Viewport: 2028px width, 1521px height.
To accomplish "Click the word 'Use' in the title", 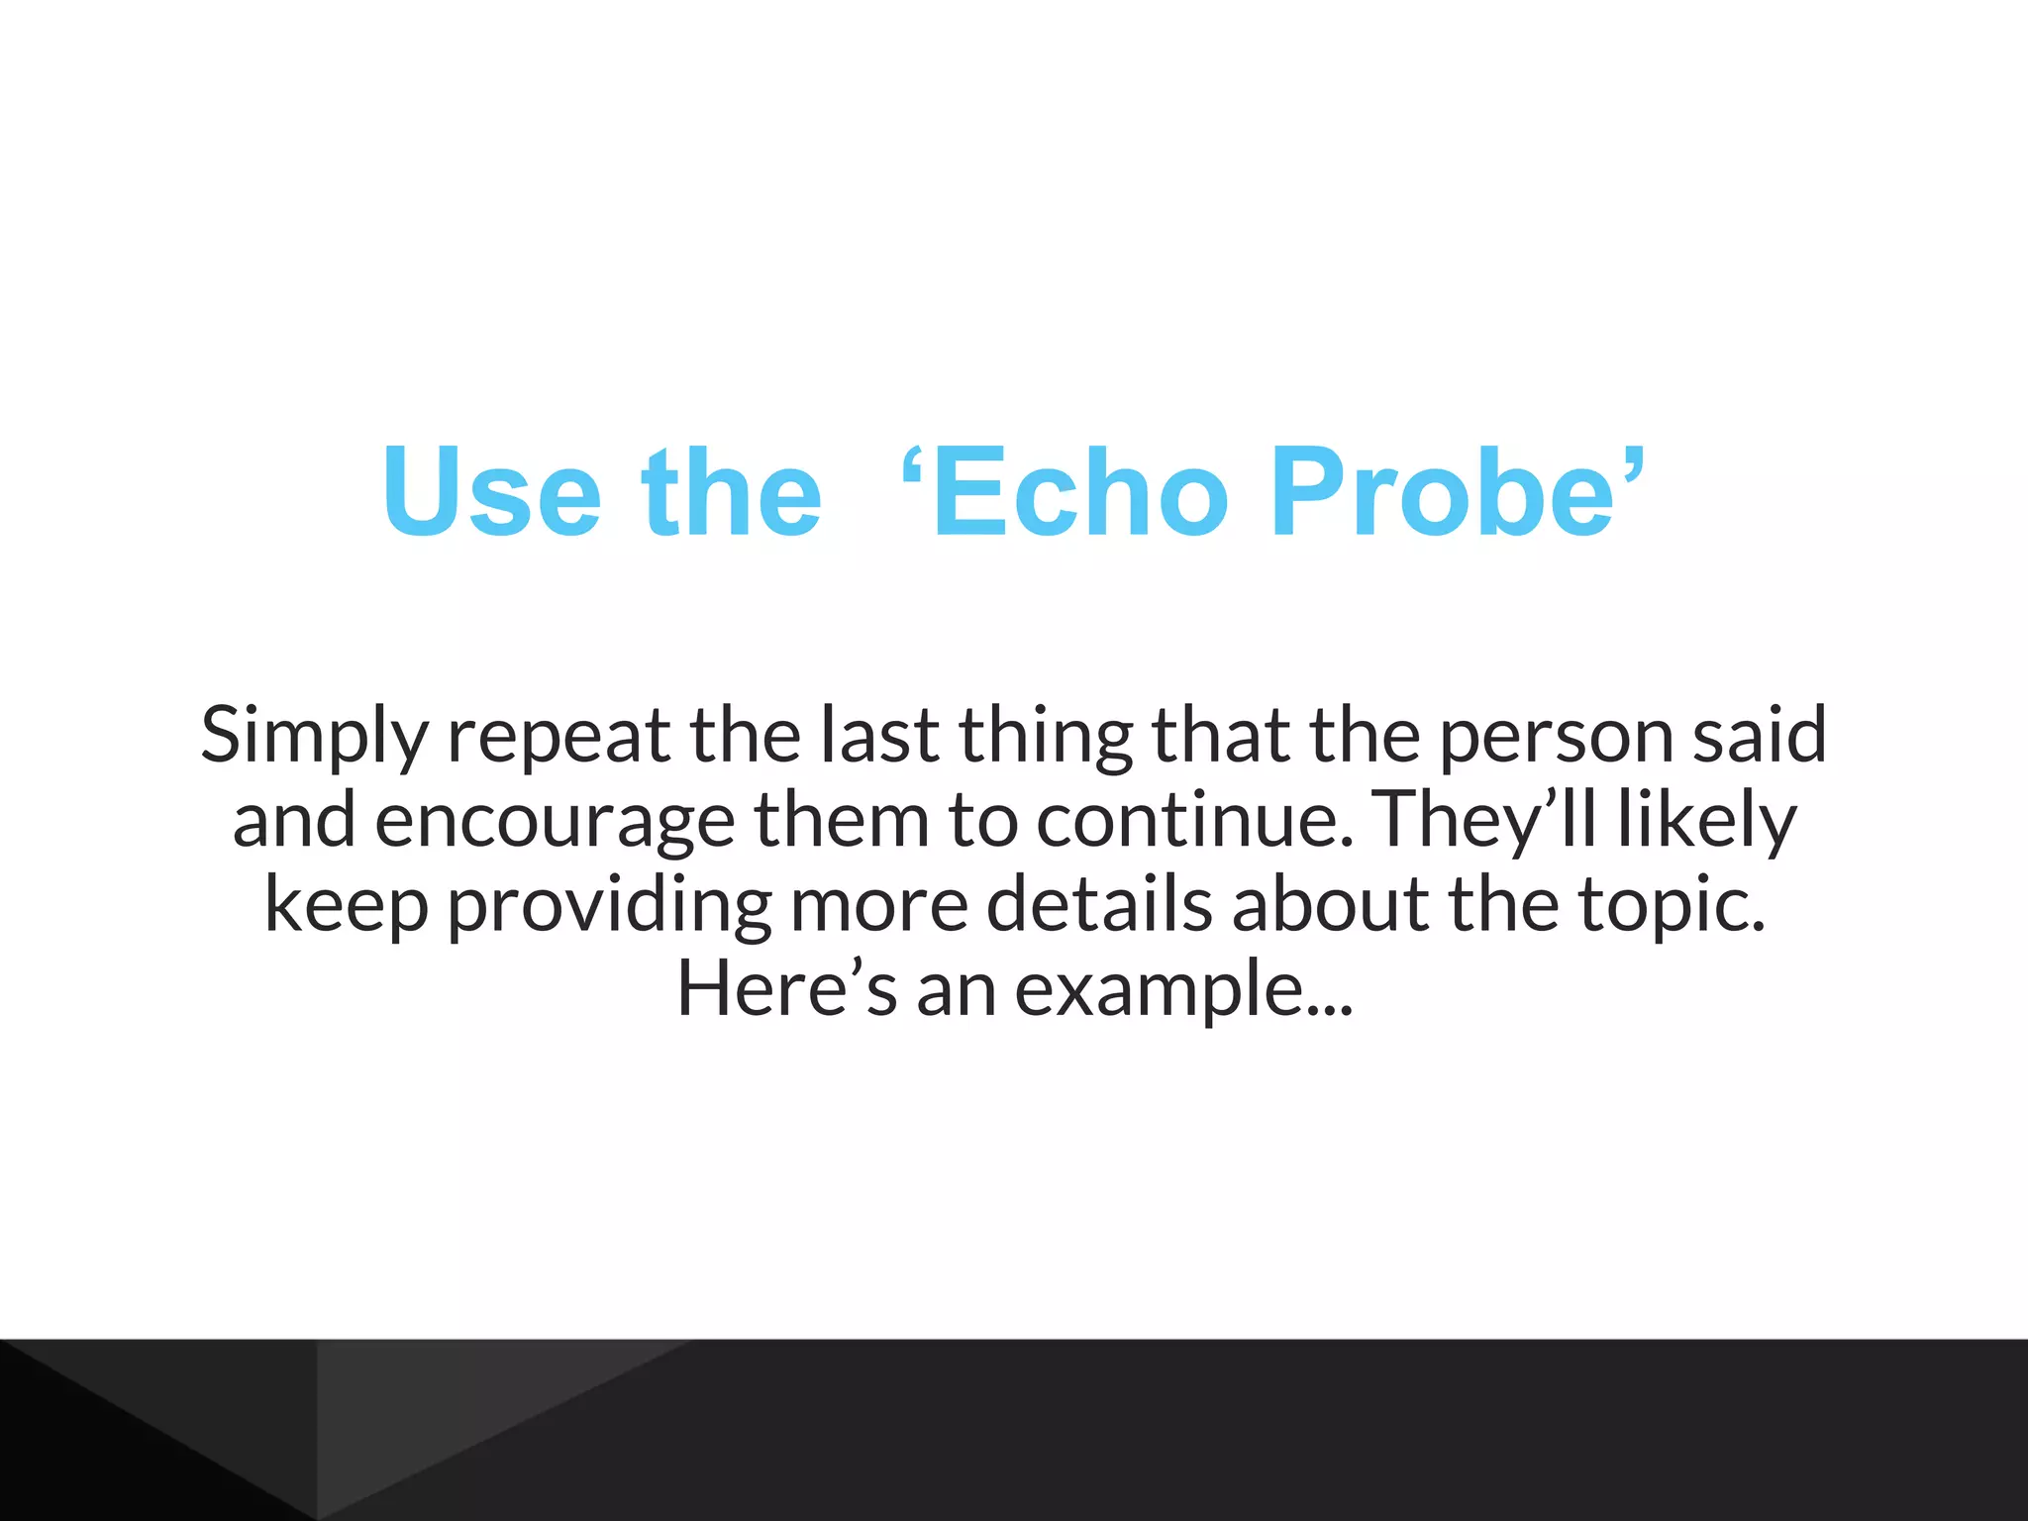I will (x=492, y=492).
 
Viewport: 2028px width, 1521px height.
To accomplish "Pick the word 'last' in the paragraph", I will (x=879, y=735).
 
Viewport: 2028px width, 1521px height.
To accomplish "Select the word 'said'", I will (x=1760, y=735).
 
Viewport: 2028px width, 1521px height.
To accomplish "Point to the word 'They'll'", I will (x=1485, y=821).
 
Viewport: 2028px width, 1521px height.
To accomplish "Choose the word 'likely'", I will (x=1706, y=821).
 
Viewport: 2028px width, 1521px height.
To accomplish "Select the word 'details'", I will (x=1099, y=905).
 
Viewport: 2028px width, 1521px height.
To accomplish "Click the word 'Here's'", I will (x=786, y=989).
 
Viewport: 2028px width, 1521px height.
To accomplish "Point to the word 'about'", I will (x=1331, y=905).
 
